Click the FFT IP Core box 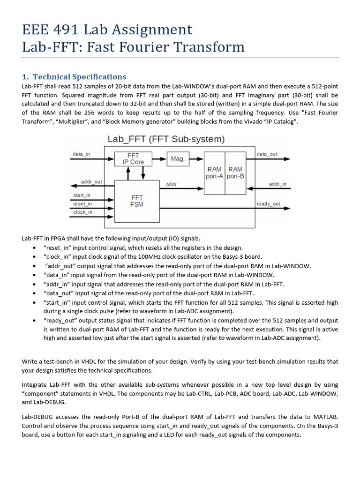134,158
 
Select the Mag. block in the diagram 177,159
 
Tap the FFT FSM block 137,201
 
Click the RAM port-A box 214,172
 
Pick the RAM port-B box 235,172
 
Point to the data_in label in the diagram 82,154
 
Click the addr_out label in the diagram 91,181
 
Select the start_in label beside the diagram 82,195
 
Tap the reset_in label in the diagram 82,203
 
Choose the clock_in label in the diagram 82,212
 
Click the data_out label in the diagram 267,154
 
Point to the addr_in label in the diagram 277,184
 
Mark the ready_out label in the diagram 269,203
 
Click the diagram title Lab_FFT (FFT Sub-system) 166,139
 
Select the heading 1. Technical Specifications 74,76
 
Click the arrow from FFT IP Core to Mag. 160,159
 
